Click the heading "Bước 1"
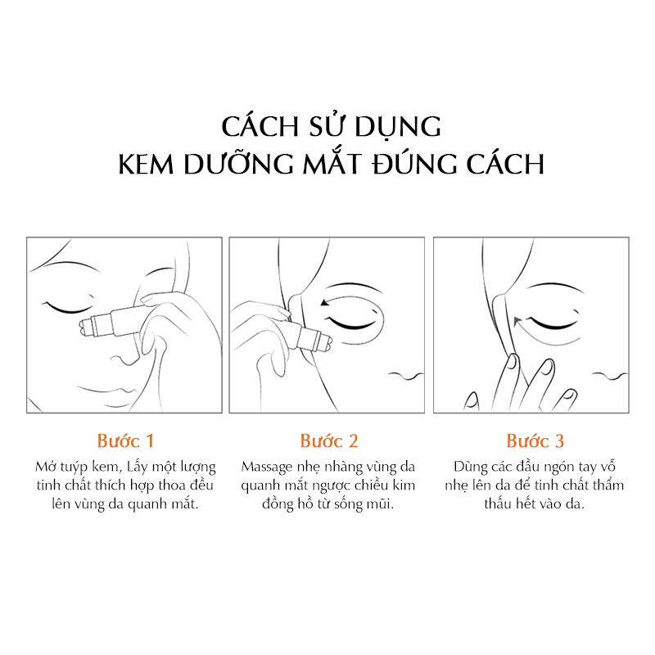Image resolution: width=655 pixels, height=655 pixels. point(125,441)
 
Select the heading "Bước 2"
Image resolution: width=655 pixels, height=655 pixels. point(329,441)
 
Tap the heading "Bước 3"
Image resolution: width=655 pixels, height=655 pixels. point(535,441)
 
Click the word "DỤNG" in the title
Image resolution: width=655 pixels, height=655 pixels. point(399,127)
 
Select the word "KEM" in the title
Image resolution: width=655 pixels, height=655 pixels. point(146,164)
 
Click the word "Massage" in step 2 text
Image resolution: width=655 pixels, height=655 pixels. point(267,468)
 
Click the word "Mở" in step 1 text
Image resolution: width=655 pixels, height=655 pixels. point(45,466)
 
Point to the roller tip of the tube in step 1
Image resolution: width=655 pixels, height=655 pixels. point(85,327)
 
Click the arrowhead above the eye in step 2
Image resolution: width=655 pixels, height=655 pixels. point(323,302)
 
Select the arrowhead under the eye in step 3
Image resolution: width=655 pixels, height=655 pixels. point(517,321)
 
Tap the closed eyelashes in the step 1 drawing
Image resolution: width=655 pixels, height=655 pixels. point(67,307)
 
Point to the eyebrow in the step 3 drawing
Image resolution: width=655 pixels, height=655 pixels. point(553,287)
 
